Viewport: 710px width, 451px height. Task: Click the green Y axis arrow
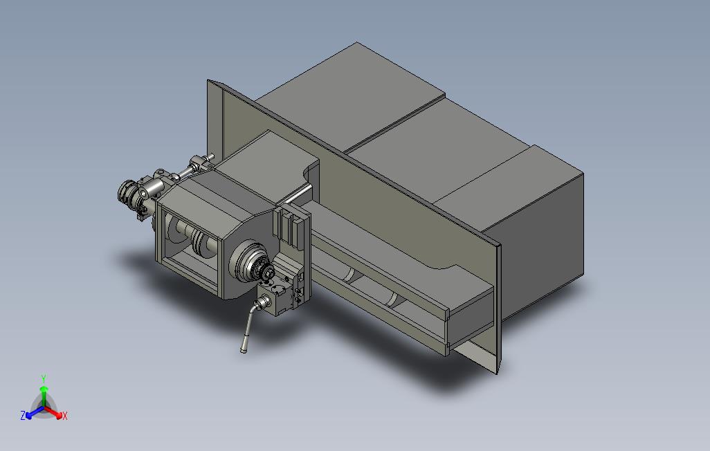click(44, 396)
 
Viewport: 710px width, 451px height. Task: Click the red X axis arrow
click(53, 412)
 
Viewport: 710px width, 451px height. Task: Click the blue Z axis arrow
click(35, 412)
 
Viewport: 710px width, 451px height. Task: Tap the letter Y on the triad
click(44, 378)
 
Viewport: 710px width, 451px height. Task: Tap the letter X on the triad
click(65, 416)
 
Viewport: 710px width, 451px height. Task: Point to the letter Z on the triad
click(23, 415)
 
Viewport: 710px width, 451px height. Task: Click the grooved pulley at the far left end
click(127, 193)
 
